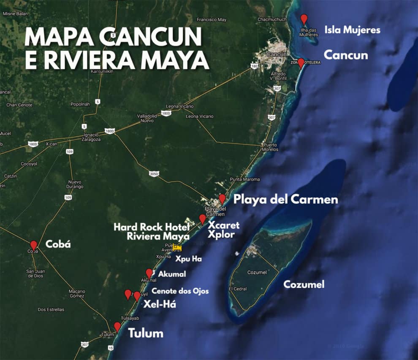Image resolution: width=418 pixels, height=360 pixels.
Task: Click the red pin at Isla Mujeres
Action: (304, 19)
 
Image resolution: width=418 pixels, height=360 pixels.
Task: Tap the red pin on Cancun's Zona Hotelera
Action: (301, 63)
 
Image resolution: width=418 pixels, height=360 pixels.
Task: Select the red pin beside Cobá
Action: (34, 245)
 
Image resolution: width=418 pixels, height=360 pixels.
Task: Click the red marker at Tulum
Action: (117, 327)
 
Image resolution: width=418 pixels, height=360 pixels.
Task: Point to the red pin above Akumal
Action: (149, 273)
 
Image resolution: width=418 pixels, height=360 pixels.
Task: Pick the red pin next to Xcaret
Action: (202, 219)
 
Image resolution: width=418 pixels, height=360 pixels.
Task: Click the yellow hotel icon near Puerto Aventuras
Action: (177, 247)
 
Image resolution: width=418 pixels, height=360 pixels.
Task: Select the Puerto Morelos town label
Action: (269, 147)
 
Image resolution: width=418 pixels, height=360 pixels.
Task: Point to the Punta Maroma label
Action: (245, 179)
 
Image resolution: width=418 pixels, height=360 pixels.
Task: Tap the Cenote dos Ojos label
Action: (180, 291)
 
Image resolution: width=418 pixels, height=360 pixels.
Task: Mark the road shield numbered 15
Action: (111, 348)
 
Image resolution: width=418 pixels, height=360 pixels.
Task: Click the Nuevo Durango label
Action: (75, 184)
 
